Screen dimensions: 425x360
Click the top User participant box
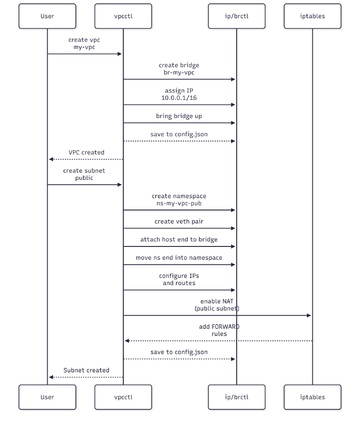click(47, 16)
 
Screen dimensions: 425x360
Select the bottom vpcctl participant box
click(123, 397)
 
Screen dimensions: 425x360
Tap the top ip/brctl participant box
click(237, 16)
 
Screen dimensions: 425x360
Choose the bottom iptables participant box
click(312, 397)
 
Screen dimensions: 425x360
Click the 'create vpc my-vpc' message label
click(84, 44)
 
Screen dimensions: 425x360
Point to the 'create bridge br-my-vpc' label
click(179, 69)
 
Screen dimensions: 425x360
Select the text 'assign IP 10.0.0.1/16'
click(179, 94)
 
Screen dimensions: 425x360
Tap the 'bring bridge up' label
click(179, 116)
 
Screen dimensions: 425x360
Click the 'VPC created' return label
click(86, 152)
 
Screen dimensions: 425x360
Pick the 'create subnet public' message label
click(84, 174)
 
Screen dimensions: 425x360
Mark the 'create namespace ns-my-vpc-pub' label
click(179, 199)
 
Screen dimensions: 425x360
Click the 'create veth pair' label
click(179, 221)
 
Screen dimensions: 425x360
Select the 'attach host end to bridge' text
click(179, 240)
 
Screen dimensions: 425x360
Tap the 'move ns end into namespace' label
click(179, 258)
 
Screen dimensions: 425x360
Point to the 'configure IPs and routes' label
click(179, 279)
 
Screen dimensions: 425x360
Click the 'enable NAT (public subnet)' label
click(217, 304)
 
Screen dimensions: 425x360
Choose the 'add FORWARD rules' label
click(219, 330)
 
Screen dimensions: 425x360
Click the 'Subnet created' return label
click(86, 370)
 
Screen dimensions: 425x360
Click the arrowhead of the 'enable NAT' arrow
click(309, 316)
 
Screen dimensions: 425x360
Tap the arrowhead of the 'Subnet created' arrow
click(51, 377)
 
